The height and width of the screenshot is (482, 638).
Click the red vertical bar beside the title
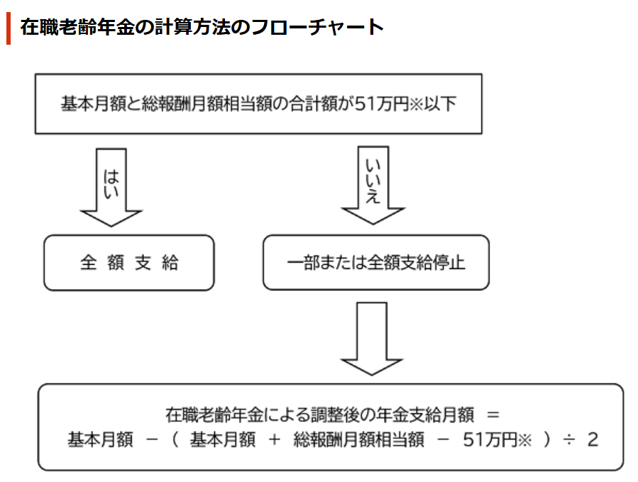coord(9,28)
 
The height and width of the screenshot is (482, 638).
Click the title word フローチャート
coord(317,27)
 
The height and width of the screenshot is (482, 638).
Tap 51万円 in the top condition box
coord(382,104)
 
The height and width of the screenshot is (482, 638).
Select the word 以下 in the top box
coord(440,104)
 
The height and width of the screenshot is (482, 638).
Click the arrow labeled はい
coord(111,187)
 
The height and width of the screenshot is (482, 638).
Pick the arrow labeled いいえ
coord(373,185)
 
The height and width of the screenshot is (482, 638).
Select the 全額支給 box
coord(129,263)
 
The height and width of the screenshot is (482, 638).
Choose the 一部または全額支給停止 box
coord(376,262)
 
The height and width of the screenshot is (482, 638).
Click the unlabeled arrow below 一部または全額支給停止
coord(371,339)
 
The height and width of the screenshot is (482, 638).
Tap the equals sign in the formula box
coord(493,415)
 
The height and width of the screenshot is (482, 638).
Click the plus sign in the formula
coord(274,439)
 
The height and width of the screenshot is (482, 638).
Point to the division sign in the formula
coord(569,439)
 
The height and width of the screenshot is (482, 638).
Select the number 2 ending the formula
coord(593,439)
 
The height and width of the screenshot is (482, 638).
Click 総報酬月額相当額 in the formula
coord(358,439)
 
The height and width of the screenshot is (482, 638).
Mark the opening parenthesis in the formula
coord(175,439)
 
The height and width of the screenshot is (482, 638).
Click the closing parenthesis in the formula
coord(547,439)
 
